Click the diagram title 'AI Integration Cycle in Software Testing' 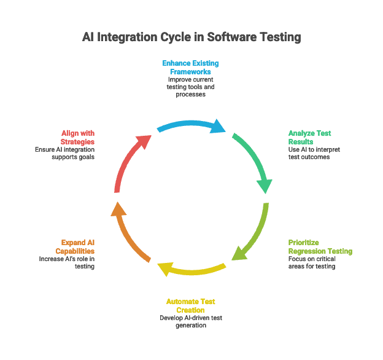[191, 37]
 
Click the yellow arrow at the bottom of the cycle [191, 268]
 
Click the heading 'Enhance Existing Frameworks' [191, 67]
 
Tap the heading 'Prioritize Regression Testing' [320, 247]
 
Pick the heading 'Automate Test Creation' [191, 305]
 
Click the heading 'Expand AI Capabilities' [77, 247]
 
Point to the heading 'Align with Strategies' [78, 137]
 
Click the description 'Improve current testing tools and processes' [191, 87]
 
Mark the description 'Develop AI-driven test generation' [191, 321]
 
